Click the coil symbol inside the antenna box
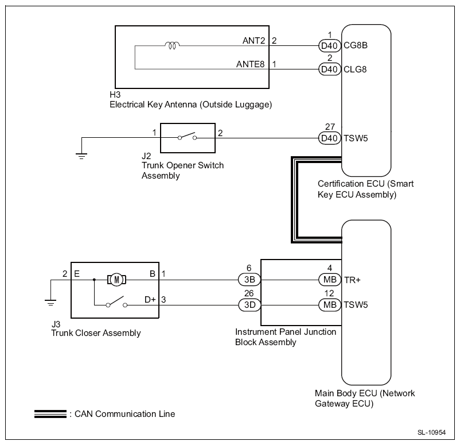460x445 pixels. [173, 45]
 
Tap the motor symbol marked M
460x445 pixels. [117, 280]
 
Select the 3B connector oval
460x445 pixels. [250, 280]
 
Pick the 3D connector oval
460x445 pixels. [250, 305]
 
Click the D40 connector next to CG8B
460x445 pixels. [330, 45]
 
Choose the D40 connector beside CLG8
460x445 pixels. [330, 69]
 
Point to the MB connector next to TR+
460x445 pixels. [330, 280]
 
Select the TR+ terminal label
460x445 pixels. [352, 280]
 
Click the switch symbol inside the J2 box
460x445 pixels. [186, 137]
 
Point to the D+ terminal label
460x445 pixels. [150, 299]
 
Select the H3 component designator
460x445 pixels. [114, 95]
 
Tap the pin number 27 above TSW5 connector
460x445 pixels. [330, 127]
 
